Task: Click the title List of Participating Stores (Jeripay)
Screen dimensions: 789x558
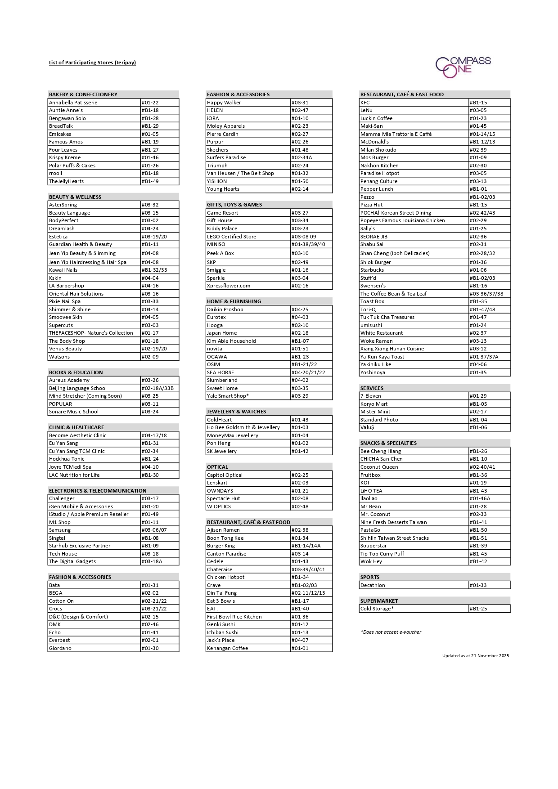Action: pyautogui.click(x=92, y=63)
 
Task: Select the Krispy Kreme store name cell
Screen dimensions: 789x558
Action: pyautogui.click(x=65, y=157)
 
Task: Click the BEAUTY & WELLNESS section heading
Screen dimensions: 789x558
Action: pyautogui.click(x=75, y=197)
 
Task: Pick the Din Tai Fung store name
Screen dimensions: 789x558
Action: pyautogui.click(x=222, y=593)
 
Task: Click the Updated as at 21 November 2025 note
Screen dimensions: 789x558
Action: pyautogui.click(x=475, y=656)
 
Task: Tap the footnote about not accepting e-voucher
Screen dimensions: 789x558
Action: pyautogui.click(x=391, y=632)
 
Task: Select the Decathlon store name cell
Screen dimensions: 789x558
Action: pyautogui.click(x=373, y=585)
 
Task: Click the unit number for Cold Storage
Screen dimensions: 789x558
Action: pyautogui.click(x=478, y=609)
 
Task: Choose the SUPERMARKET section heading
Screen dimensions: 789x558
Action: pyautogui.click(x=379, y=601)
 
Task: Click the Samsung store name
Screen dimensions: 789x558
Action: pyautogui.click(x=60, y=530)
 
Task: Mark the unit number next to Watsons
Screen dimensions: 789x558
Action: pyautogui.click(x=150, y=357)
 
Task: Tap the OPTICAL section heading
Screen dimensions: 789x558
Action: pyautogui.click(x=217, y=467)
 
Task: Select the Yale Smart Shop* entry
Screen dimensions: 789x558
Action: pyautogui.click(x=228, y=396)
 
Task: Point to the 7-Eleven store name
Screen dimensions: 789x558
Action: pyautogui.click(x=370, y=396)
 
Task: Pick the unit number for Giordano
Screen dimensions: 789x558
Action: pyautogui.click(x=150, y=648)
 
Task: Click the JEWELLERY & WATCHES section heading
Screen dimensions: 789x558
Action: pyautogui.click(x=236, y=412)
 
